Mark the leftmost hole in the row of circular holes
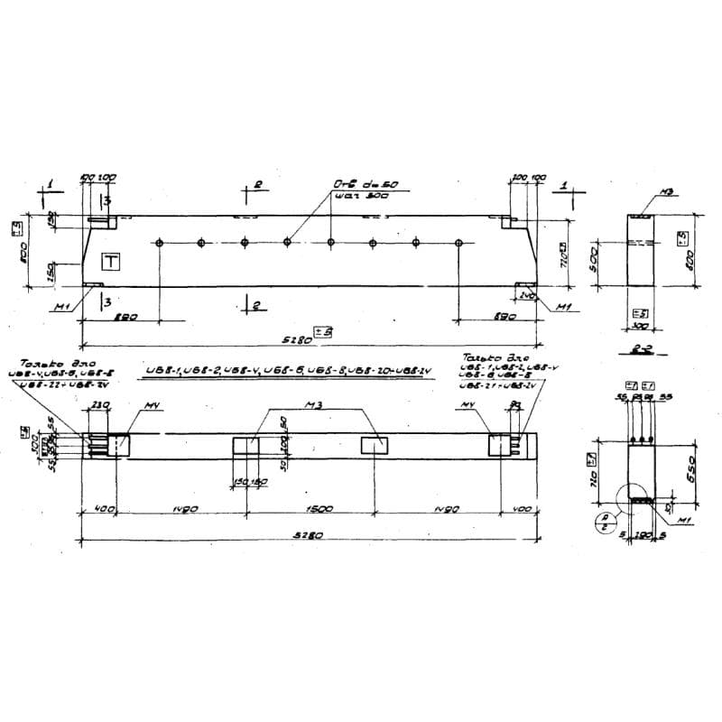tap(159, 243)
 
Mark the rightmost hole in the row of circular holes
tap(459, 243)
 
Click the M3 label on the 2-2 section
tap(667, 191)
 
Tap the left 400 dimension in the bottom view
tap(103, 510)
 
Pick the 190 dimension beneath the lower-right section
tap(643, 534)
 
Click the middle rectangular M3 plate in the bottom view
tap(245, 445)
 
